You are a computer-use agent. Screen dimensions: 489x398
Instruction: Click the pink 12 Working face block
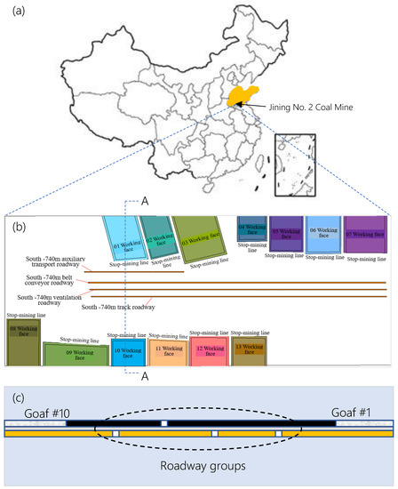point(208,350)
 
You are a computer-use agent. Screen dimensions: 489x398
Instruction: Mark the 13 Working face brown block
point(249,349)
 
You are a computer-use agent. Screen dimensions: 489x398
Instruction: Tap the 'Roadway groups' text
point(199,464)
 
